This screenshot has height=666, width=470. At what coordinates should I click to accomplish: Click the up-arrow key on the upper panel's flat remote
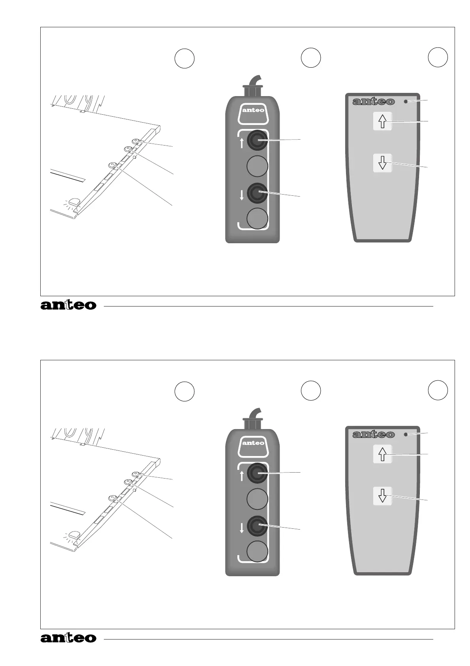(x=382, y=121)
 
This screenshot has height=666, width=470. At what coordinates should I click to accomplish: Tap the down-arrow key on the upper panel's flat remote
(x=382, y=163)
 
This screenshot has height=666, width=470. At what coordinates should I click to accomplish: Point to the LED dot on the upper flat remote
(x=406, y=102)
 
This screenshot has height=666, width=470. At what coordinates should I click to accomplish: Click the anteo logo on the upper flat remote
(x=373, y=102)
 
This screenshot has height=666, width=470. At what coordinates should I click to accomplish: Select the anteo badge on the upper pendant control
(x=253, y=110)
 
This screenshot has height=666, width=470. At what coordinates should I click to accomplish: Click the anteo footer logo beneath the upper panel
(x=68, y=305)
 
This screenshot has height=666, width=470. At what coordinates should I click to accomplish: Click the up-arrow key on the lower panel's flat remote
(x=382, y=454)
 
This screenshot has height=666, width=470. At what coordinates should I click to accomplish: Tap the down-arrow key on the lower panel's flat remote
(x=382, y=496)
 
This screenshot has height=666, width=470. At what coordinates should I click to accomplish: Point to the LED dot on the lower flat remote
(x=406, y=435)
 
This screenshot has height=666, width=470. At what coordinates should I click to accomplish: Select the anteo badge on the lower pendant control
(x=253, y=443)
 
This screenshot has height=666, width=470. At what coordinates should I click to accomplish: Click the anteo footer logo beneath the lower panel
(x=68, y=638)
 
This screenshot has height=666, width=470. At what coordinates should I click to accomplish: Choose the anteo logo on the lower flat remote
(x=373, y=435)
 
